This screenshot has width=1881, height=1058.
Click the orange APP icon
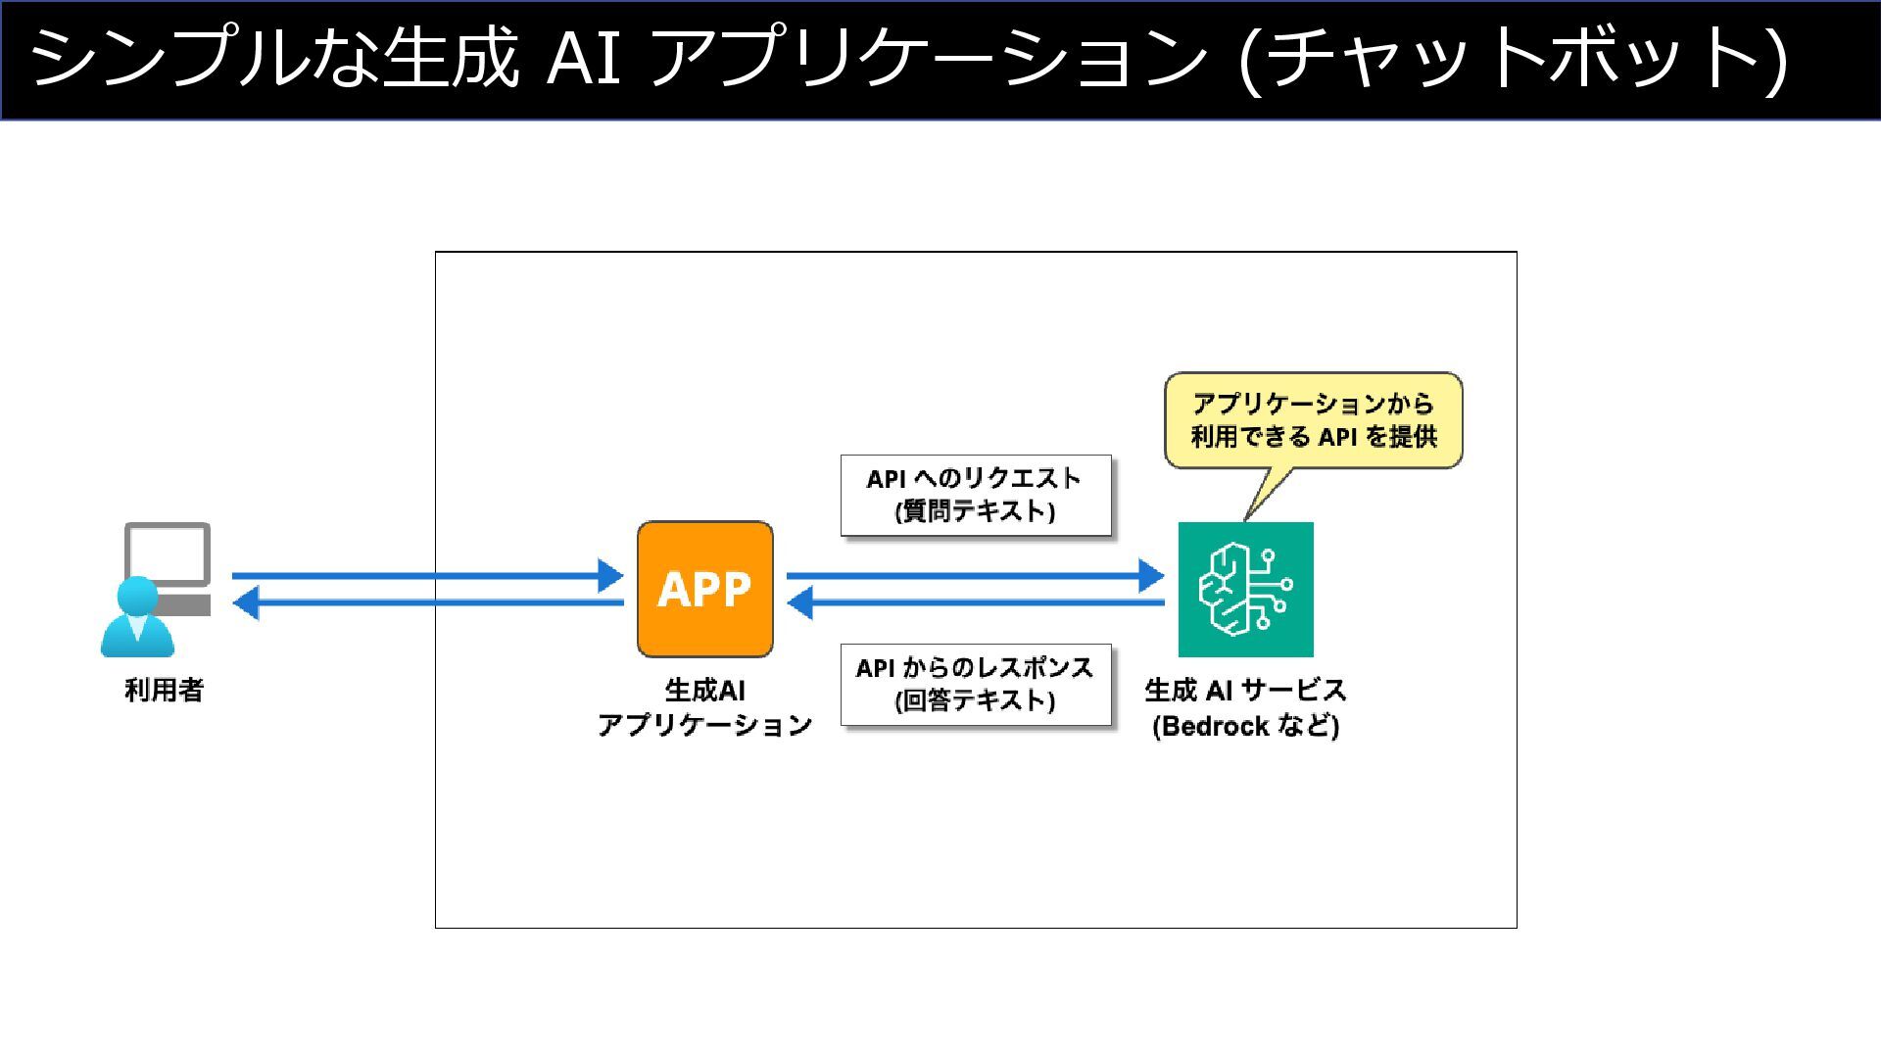[704, 589]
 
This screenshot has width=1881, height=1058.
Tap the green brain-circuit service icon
[1245, 589]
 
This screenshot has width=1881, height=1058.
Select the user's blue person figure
[137, 619]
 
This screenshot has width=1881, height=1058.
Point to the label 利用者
[164, 691]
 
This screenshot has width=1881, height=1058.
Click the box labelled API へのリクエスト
[976, 495]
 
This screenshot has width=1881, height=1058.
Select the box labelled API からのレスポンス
[976, 684]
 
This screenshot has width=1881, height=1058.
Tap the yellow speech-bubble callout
[1313, 420]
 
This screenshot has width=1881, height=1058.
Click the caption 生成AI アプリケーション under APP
[704, 708]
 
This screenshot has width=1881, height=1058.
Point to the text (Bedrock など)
[1245, 726]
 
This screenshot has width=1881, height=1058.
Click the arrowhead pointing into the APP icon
[611, 575]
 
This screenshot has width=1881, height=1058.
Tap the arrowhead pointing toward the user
[246, 602]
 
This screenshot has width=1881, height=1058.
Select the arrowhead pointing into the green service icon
[1152, 575]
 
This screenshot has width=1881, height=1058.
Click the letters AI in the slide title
[584, 59]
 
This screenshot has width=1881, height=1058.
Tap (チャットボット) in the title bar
[1514, 59]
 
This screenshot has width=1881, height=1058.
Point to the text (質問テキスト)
[976, 511]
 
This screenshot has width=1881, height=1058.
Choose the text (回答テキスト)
[976, 700]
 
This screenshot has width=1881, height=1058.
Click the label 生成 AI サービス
[1245, 691]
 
